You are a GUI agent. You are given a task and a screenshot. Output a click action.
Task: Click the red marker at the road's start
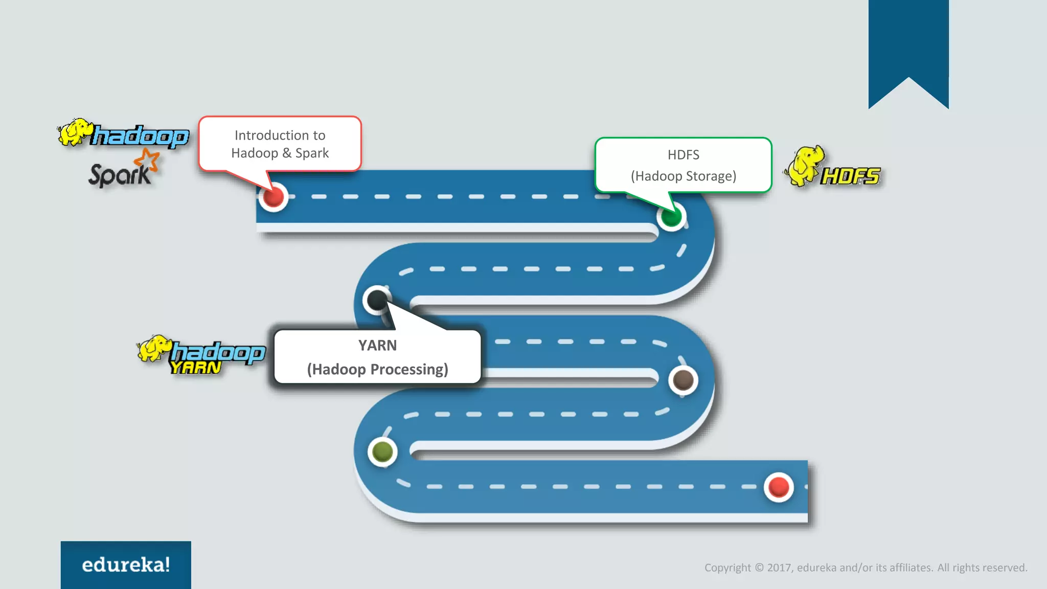[x=274, y=197]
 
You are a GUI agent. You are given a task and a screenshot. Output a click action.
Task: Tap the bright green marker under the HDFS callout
[x=671, y=217]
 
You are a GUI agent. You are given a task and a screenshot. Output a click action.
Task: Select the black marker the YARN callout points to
[x=377, y=300]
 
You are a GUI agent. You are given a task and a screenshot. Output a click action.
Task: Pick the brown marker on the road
[x=683, y=380]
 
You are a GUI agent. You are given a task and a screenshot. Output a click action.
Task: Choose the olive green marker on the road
[x=382, y=452]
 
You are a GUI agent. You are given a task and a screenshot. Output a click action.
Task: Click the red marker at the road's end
[x=779, y=487]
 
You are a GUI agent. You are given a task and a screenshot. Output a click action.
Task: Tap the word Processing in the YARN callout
[x=408, y=369]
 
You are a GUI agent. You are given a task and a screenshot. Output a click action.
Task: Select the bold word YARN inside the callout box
[x=377, y=346]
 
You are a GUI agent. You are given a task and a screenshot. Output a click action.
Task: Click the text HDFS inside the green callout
[x=683, y=155]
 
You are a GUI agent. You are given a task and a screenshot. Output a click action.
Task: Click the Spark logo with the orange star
[x=123, y=171]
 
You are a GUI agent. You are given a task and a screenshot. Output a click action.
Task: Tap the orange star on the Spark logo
[x=148, y=160]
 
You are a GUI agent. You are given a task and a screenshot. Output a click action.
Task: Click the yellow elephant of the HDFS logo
[x=804, y=165]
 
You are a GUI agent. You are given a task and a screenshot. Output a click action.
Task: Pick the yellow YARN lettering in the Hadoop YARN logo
[x=195, y=368]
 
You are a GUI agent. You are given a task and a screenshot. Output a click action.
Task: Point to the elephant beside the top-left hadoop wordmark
[x=74, y=132]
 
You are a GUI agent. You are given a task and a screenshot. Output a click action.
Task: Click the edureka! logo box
[x=126, y=564]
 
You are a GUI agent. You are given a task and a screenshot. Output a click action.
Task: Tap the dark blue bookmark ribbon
[x=908, y=46]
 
